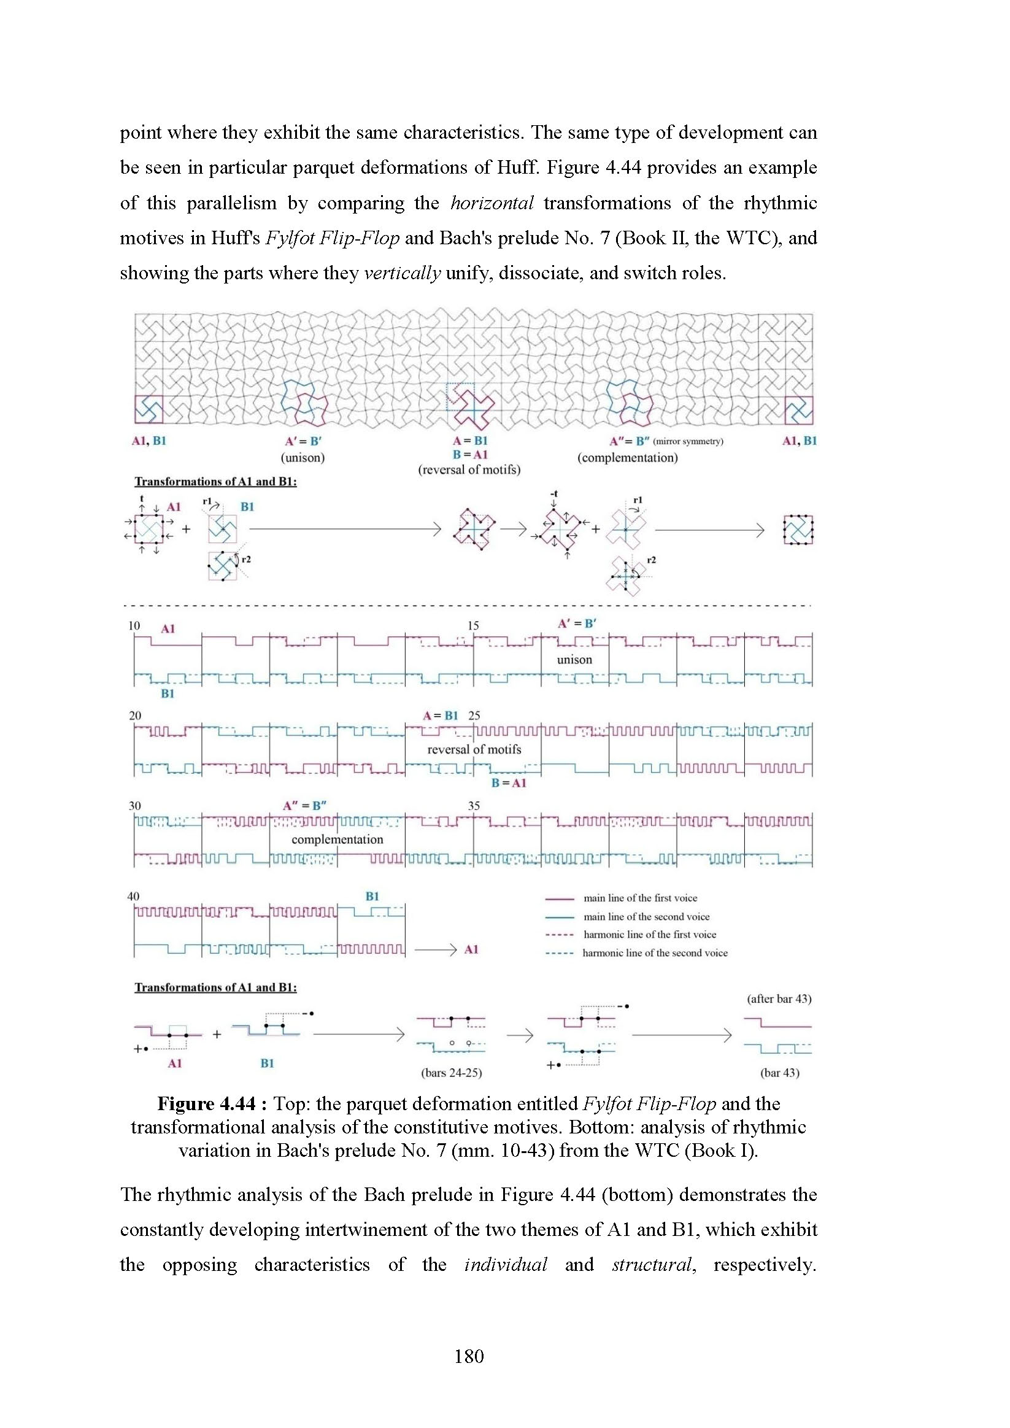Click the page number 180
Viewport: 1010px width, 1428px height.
pos(469,1356)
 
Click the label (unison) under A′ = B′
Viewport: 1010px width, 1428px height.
pos(303,458)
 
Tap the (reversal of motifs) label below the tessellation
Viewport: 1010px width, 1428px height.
pos(469,469)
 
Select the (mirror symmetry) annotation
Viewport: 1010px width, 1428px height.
pos(688,442)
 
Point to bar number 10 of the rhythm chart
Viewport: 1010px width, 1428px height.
pos(134,625)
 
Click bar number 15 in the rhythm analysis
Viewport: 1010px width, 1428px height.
pos(473,625)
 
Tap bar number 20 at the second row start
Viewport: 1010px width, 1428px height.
pos(135,716)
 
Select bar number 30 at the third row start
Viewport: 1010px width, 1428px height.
pos(135,805)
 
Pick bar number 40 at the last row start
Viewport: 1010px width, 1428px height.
pos(134,896)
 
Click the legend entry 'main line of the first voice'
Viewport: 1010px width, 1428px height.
pos(640,898)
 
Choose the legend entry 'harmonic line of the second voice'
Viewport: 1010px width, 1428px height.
pos(654,953)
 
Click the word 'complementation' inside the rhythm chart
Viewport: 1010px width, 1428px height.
pos(337,839)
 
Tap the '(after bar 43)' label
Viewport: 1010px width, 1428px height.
pos(779,999)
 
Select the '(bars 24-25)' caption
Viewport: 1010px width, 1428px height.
pos(452,1072)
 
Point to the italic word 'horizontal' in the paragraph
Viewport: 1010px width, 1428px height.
pos(492,203)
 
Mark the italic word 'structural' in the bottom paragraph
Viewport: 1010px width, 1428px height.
pos(652,1264)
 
